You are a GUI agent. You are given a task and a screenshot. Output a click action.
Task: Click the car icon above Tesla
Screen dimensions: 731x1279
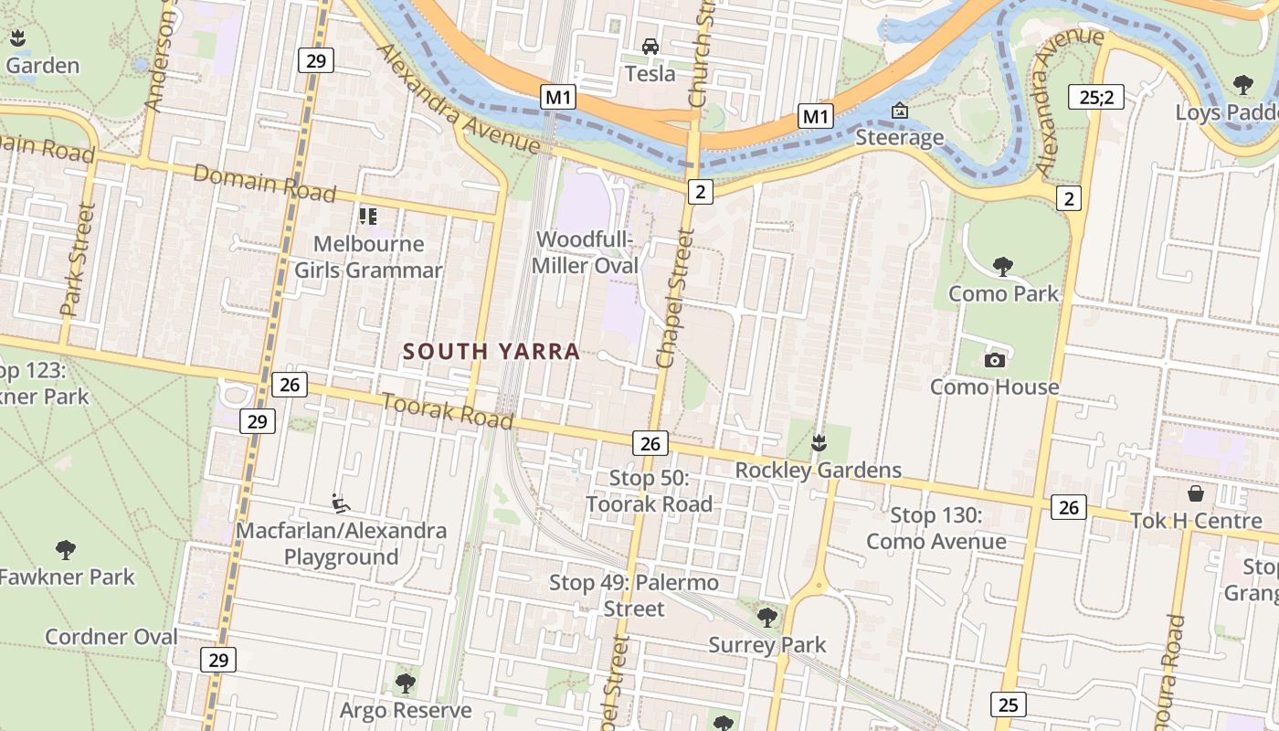pos(650,47)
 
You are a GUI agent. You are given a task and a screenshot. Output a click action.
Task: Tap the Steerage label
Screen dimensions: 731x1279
pos(900,138)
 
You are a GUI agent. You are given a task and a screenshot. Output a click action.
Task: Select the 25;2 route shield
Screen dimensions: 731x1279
pos(1096,97)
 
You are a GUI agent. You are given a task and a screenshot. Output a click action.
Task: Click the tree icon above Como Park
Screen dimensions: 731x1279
pos(1002,267)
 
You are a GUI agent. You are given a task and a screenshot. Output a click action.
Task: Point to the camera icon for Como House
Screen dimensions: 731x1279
pos(995,360)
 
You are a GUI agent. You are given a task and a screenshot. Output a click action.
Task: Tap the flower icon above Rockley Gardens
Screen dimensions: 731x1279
pos(819,443)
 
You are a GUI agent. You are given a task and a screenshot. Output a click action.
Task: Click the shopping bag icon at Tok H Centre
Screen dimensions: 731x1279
pos(1196,493)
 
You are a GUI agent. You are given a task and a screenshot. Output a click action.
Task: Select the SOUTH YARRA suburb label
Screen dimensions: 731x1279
pos(492,352)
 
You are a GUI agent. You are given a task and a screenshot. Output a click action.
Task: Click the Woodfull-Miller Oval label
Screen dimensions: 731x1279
pos(586,252)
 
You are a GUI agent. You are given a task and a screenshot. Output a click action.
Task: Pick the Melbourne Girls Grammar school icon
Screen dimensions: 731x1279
pos(368,217)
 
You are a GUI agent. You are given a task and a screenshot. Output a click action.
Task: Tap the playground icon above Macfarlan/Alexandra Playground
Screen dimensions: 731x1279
pos(341,503)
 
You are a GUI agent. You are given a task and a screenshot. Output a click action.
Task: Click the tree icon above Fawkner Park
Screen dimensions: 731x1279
pos(65,549)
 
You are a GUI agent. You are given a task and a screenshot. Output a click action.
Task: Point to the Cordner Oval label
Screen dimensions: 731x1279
pos(111,637)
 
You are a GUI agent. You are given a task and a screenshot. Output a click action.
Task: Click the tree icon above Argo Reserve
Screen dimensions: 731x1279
pos(406,683)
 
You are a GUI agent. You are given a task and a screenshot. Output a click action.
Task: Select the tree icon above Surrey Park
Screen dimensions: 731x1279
pos(767,617)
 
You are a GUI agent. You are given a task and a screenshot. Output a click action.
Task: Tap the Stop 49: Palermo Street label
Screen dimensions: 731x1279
pos(634,595)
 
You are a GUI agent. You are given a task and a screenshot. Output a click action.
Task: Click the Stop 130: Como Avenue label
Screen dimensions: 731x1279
pos(936,528)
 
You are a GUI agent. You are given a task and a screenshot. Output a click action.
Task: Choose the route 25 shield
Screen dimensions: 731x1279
pos(1008,705)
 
